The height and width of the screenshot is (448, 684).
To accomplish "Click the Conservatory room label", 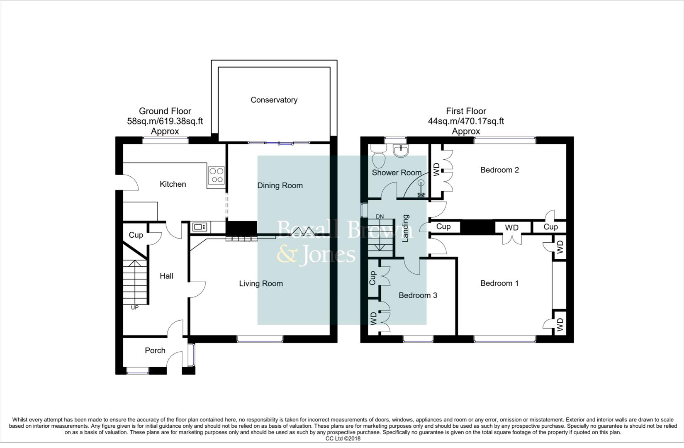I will point(274,100).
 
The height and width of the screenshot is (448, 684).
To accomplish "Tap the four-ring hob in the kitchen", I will point(216,175).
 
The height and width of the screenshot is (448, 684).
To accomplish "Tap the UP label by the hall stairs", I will point(134,307).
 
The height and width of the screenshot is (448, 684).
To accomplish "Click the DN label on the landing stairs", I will point(380,217).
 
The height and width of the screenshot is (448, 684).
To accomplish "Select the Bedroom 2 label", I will point(499,170).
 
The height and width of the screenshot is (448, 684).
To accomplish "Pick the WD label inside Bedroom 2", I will point(436,169).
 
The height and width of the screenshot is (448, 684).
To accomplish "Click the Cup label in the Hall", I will point(136,235).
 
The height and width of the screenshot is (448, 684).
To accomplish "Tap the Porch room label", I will point(155,351).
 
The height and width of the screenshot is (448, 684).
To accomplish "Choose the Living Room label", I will point(261,283).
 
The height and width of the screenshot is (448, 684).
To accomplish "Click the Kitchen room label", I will point(173,184).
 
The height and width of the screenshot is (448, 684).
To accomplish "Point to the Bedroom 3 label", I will point(418,295).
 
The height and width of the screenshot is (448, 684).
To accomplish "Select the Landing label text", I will point(406,228).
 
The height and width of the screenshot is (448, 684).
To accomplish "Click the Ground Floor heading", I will point(165,111).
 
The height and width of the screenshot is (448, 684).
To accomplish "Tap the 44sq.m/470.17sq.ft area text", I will point(466,122).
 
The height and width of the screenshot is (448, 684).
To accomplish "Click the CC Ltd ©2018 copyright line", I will point(343,438).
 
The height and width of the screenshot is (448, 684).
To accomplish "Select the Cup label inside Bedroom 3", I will point(372,278).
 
